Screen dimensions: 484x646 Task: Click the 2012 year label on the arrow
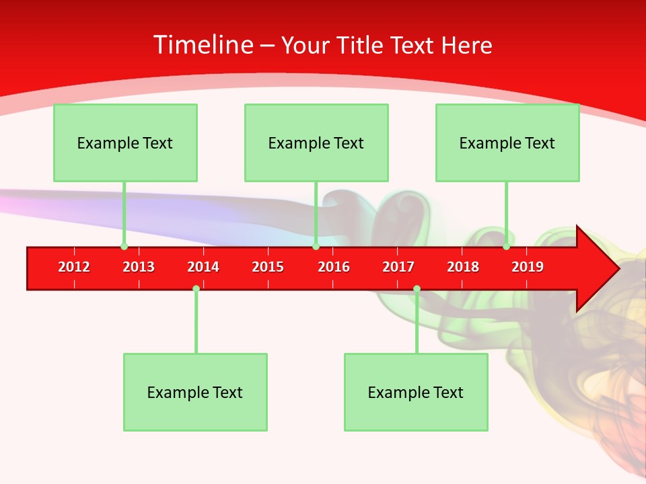click(74, 267)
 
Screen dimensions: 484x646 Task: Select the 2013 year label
click(139, 267)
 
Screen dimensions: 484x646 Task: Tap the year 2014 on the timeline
click(203, 267)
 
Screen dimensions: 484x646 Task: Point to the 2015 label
click(268, 267)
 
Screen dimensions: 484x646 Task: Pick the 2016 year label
click(334, 267)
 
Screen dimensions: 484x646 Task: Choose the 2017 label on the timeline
click(398, 267)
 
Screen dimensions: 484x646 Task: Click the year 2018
click(463, 267)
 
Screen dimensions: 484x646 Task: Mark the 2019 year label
click(528, 267)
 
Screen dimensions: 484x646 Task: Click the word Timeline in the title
click(203, 45)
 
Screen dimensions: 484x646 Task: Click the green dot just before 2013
click(124, 247)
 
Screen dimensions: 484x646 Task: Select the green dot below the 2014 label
click(196, 288)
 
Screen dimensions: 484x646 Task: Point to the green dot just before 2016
click(316, 247)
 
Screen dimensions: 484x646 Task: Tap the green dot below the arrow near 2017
click(417, 288)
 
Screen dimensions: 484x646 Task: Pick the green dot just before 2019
click(506, 247)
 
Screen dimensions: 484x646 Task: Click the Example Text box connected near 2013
click(125, 143)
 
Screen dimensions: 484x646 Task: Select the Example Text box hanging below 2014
click(195, 393)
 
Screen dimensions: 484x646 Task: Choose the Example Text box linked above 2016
click(316, 143)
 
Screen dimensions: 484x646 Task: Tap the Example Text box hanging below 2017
click(416, 393)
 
